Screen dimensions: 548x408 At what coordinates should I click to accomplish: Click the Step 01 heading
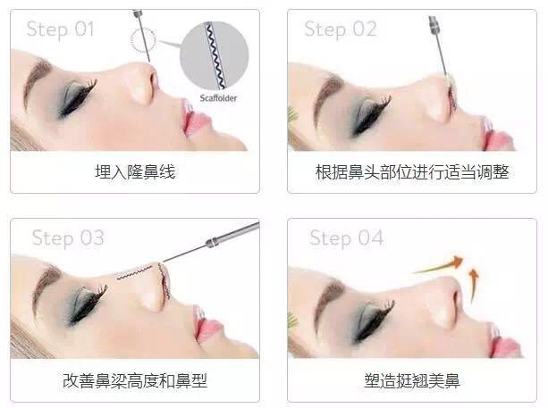pos(60,29)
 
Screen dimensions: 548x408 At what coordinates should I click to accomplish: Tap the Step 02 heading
pos(341,29)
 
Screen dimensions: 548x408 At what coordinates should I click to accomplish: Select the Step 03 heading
pos(68,238)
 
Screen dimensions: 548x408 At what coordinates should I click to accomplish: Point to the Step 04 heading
pos(346,238)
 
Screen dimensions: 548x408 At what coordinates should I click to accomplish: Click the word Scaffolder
pos(218,98)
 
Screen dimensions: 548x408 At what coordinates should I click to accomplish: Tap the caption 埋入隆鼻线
pos(135,171)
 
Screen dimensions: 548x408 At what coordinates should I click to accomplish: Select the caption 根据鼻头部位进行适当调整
pos(412,171)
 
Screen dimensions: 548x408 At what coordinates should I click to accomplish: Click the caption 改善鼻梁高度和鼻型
pos(135,380)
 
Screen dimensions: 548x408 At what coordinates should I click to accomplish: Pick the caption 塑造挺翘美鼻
pos(412,380)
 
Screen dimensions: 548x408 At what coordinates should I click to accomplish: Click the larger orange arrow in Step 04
pos(440,265)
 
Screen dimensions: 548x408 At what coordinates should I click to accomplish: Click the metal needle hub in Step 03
pos(212,242)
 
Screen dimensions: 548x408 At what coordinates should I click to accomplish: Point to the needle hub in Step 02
pos(434,25)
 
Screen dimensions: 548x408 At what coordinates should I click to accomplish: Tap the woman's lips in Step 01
pos(193,119)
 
